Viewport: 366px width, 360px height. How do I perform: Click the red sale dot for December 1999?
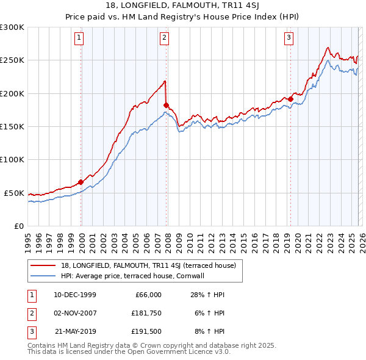point(81,182)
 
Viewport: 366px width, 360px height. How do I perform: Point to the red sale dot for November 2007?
point(166,106)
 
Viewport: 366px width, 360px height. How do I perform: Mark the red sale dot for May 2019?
point(291,99)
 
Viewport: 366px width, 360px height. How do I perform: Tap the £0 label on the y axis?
point(18,226)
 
